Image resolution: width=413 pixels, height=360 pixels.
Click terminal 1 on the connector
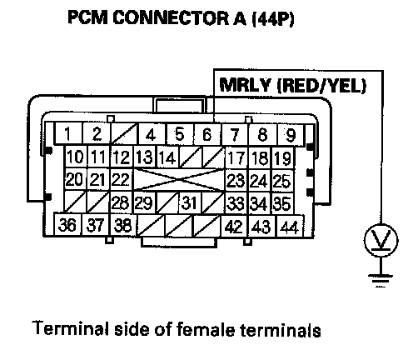click(68, 133)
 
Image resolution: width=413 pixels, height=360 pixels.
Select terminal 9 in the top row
click(291, 134)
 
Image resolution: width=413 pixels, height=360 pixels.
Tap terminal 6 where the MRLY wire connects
click(207, 134)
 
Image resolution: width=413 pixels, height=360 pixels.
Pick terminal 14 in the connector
click(168, 157)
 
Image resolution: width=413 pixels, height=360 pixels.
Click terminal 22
click(122, 179)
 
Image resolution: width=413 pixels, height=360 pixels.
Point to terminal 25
click(282, 181)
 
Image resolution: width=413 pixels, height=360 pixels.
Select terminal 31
click(190, 202)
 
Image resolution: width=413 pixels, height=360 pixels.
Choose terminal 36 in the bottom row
click(67, 224)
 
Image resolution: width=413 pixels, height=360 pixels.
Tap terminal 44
click(290, 226)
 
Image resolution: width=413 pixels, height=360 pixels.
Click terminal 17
click(236, 157)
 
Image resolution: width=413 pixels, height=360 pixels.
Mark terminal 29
click(145, 202)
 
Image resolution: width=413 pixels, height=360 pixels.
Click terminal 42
click(234, 226)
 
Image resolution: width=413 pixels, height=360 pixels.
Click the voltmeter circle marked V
click(381, 241)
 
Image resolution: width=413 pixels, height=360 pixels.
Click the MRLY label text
click(245, 85)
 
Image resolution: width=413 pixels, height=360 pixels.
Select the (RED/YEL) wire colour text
click(321, 85)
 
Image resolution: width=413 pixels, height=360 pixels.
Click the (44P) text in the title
click(273, 19)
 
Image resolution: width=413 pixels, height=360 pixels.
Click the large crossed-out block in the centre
click(179, 180)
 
